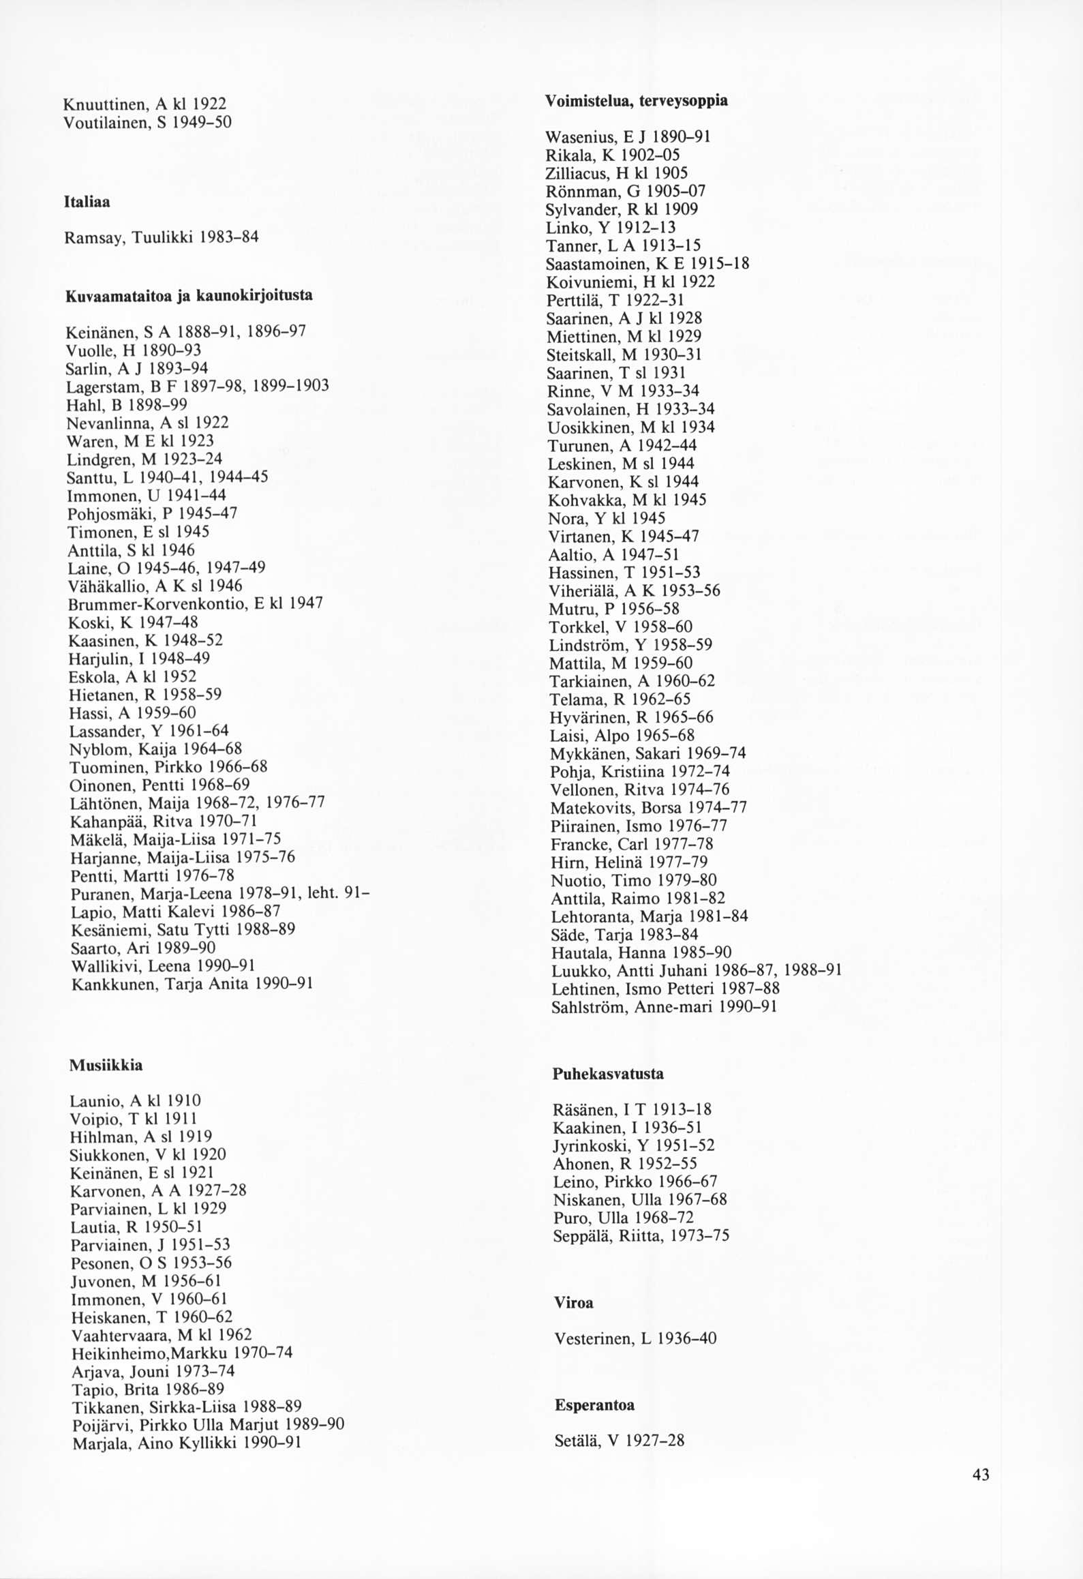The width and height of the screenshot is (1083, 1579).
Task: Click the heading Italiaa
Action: click(x=87, y=202)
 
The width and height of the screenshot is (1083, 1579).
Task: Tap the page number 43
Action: click(x=981, y=1475)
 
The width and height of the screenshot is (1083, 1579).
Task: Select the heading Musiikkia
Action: click(x=106, y=1065)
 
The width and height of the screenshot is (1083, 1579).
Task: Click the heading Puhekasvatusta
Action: click(x=607, y=1074)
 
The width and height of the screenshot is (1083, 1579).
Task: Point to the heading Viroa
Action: click(x=573, y=1303)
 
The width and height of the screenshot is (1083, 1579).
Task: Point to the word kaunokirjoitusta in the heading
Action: click(x=255, y=296)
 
